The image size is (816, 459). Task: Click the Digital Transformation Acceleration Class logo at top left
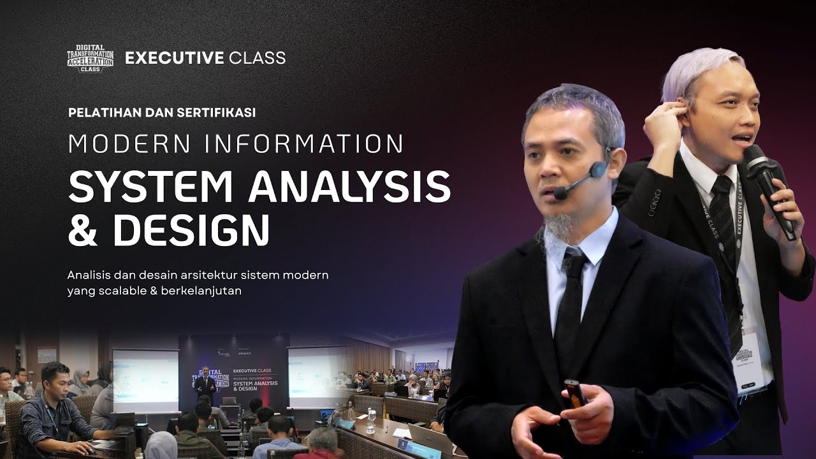90,58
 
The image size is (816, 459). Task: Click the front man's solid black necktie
569,300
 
